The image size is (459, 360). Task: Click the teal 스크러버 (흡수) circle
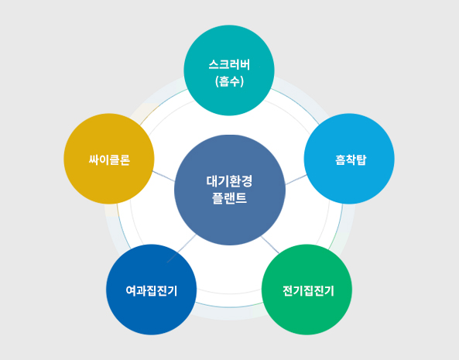click(229, 70)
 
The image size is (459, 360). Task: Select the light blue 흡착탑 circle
click(349, 159)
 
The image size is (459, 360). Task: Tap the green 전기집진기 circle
click(307, 290)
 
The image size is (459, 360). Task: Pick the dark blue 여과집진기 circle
click(152, 290)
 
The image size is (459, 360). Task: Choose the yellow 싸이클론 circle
click(109, 159)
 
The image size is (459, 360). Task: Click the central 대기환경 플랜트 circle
click(230, 190)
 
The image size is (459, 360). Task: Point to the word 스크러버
click(229, 65)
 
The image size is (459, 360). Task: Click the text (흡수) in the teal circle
click(229, 81)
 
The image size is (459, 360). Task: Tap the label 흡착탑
click(351, 159)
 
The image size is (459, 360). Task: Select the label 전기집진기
click(308, 290)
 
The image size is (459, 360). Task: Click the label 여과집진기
click(152, 290)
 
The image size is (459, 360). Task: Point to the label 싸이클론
click(109, 159)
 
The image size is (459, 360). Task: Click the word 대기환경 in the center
click(229, 181)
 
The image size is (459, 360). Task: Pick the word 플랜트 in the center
click(229, 198)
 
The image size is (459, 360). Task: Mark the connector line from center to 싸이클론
click(163, 177)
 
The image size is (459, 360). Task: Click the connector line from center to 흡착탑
click(296, 180)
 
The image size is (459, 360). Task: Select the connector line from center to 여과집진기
click(181, 249)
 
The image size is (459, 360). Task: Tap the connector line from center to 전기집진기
click(270, 245)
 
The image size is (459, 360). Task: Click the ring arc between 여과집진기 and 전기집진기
click(229, 307)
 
